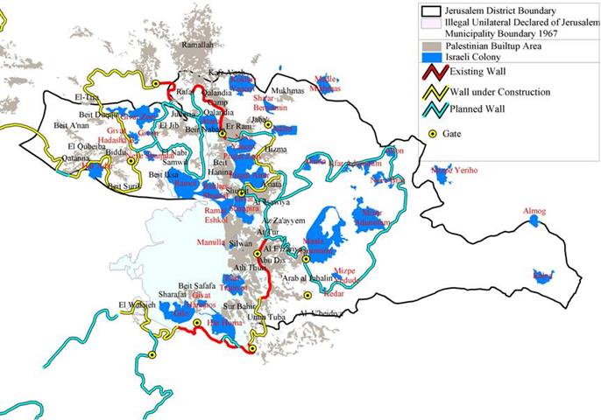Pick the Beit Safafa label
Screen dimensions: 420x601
[195, 285]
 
